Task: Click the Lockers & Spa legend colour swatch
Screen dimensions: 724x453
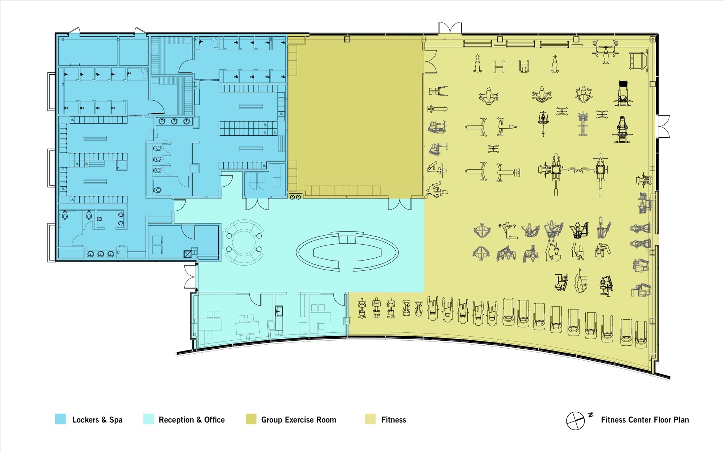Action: point(60,419)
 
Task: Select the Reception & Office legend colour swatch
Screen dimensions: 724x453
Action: point(148,419)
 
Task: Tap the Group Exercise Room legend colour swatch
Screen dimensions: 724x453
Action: point(251,419)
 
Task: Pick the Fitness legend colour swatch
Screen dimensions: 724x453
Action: point(370,419)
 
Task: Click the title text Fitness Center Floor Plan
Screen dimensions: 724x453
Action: point(645,420)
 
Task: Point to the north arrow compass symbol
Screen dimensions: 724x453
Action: point(576,421)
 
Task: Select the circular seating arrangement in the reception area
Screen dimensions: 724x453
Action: point(244,242)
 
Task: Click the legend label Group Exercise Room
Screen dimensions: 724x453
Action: point(299,420)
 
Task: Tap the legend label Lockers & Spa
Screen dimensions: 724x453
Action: point(97,420)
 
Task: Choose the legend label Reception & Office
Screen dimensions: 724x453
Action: point(191,420)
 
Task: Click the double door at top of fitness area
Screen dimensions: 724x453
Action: point(450,28)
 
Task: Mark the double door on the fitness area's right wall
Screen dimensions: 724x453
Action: point(663,126)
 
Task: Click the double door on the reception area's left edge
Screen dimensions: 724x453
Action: point(190,277)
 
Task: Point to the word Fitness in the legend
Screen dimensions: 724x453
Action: point(393,420)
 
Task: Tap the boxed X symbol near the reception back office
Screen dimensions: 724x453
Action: point(187,254)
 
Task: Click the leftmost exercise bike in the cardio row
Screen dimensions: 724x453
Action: point(362,308)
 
